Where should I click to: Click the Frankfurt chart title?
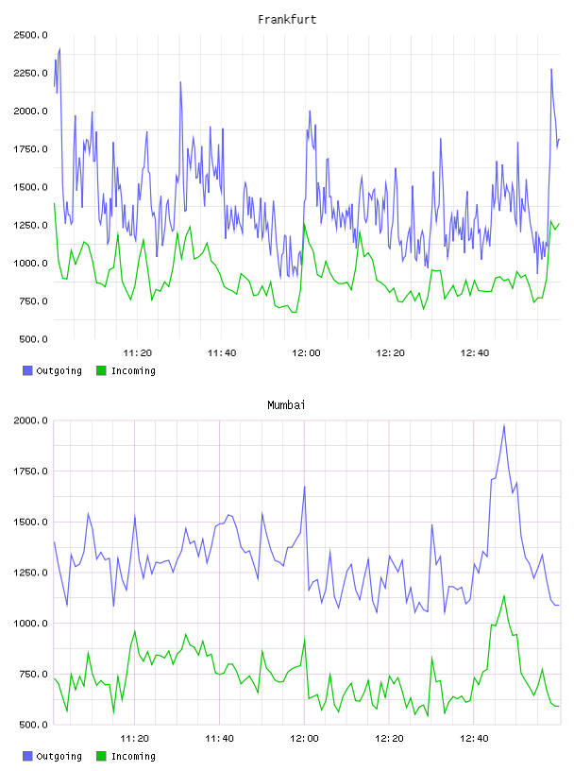[287, 20]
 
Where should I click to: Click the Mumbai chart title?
[286, 405]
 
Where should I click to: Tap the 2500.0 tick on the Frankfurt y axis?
[30, 35]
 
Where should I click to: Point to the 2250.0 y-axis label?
[30, 74]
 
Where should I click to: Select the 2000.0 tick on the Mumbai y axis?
[30, 420]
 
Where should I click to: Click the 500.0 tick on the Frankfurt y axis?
[33, 339]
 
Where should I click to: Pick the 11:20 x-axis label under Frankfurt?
[137, 353]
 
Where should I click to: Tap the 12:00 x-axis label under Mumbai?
[304, 739]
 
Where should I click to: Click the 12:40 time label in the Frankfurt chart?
[474, 353]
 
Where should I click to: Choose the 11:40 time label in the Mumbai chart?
[219, 739]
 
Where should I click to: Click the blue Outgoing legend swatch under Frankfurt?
[27, 370]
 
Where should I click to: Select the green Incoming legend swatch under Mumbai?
[101, 756]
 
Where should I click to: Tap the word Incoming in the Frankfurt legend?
[133, 370]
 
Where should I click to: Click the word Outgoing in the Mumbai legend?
[59, 756]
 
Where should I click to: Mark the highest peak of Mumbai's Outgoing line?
[504, 425]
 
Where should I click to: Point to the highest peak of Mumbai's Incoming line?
[504, 596]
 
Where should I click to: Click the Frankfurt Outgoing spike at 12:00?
[310, 111]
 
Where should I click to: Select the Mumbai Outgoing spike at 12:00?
[305, 487]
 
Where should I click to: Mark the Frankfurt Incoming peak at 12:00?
[305, 224]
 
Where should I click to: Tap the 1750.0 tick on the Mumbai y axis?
[30, 471]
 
